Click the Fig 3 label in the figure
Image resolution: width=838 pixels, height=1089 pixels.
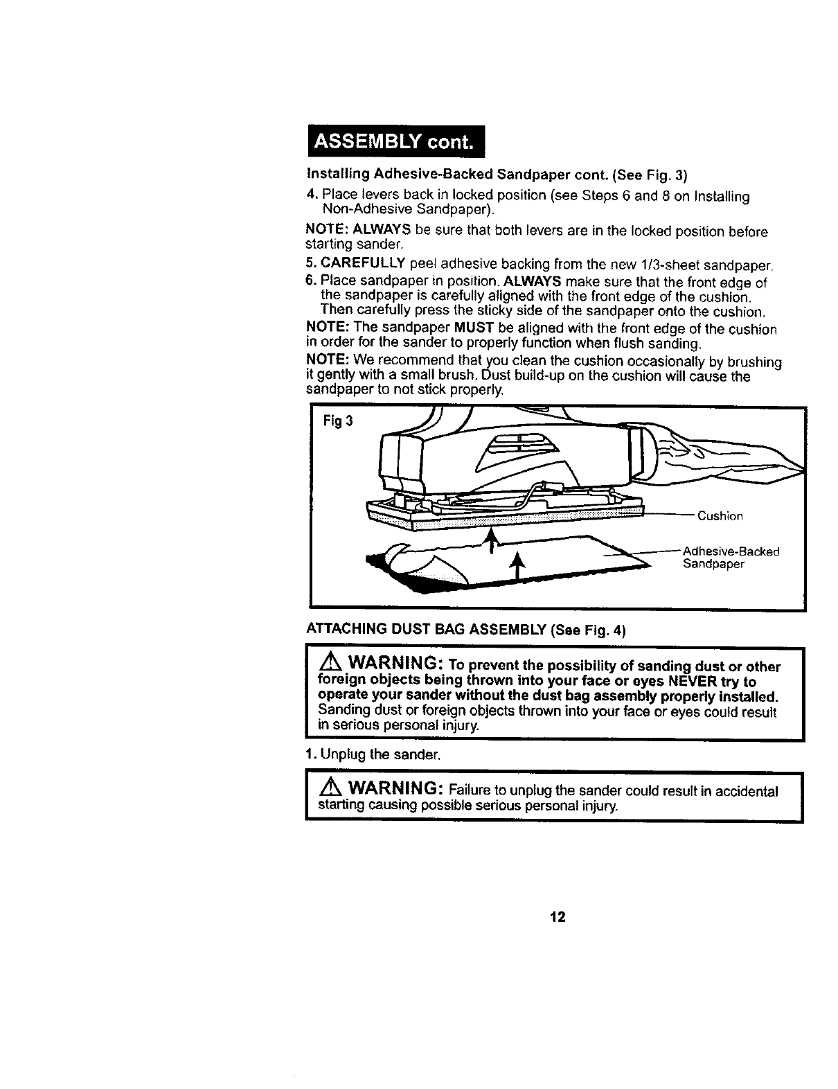click(x=337, y=421)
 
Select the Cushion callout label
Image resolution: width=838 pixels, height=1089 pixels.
click(x=720, y=516)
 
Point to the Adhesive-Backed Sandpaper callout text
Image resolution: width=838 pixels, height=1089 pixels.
click(x=731, y=558)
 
